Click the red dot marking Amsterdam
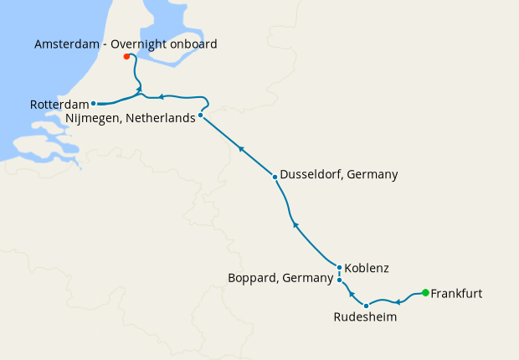click(x=126, y=57)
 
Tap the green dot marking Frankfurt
click(x=425, y=292)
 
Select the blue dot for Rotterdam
click(x=93, y=104)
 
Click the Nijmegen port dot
click(x=201, y=115)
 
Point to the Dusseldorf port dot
click(x=275, y=177)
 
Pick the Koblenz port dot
click(x=339, y=268)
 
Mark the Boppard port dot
click(x=339, y=280)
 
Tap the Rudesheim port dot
click(x=366, y=306)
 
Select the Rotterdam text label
click(x=59, y=105)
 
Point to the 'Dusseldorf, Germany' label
click(x=339, y=175)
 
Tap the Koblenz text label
click(x=367, y=269)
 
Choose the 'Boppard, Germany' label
click(x=280, y=278)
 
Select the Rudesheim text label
click(x=365, y=318)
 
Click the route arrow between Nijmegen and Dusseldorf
click(x=241, y=149)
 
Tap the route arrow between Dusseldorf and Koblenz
click(x=295, y=224)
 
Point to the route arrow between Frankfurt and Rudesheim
click(x=398, y=301)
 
